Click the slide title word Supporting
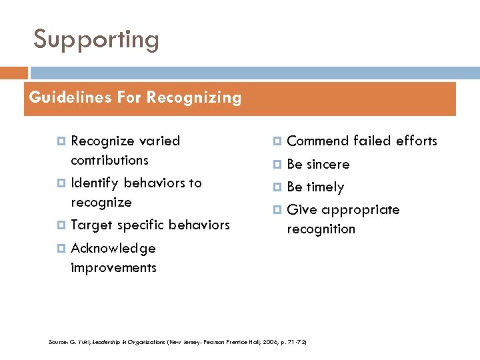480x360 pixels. coord(97,41)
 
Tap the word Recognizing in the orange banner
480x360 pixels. coord(194,97)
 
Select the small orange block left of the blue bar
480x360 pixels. coord(14,73)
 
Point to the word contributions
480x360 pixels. coord(109,160)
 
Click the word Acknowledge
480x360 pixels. coord(113,249)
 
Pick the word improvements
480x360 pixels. coord(113,267)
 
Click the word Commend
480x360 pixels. coord(317,141)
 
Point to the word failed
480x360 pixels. coord(372,141)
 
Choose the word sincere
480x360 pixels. coord(328,164)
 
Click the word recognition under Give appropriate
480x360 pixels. coord(321,229)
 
